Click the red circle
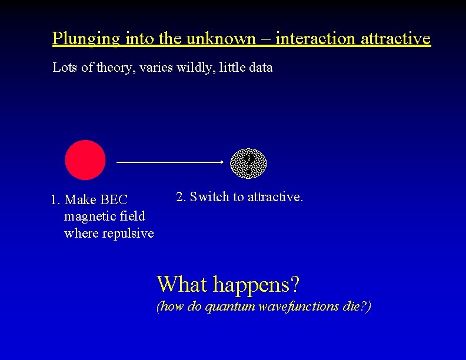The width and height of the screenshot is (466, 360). coord(85,160)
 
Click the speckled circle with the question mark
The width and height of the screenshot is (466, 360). coord(247,163)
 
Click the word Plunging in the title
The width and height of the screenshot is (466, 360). coord(85,39)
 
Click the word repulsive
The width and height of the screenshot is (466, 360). coord(128,234)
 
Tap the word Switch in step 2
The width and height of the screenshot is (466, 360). coord(209,197)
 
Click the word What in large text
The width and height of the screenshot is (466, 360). coord(182,285)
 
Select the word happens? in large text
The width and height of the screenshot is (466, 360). coord(257,285)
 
